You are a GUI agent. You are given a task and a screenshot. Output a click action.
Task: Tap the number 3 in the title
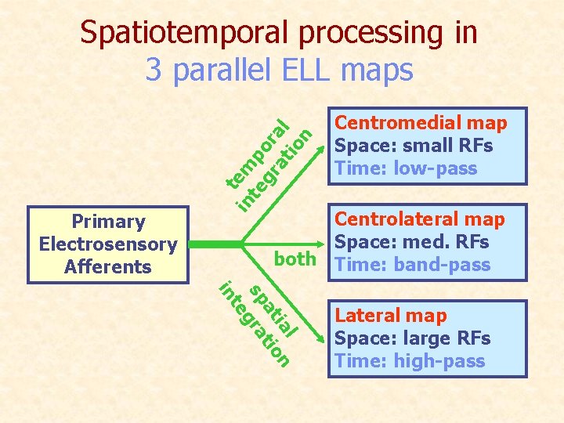click(x=154, y=70)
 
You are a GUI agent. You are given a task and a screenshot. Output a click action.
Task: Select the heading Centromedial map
click(x=421, y=123)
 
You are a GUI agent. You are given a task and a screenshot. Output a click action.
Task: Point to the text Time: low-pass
click(x=405, y=168)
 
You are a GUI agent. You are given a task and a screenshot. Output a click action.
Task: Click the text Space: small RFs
click(x=413, y=146)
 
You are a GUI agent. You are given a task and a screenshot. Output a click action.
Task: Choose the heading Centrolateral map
click(x=420, y=219)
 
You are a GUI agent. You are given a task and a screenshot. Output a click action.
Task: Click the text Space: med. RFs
click(x=411, y=242)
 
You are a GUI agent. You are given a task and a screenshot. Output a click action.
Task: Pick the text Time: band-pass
click(x=412, y=265)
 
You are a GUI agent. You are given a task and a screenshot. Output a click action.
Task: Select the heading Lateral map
click(x=391, y=316)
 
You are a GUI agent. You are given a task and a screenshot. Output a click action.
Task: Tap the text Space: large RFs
click(x=412, y=338)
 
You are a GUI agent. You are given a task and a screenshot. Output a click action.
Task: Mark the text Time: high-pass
click(x=410, y=361)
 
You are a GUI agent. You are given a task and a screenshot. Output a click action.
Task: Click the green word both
click(x=295, y=259)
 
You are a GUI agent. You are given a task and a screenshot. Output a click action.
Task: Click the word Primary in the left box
click(x=108, y=222)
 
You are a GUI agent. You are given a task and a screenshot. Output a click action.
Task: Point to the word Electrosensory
click(x=108, y=244)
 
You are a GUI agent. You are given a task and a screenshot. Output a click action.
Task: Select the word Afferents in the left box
click(x=108, y=266)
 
